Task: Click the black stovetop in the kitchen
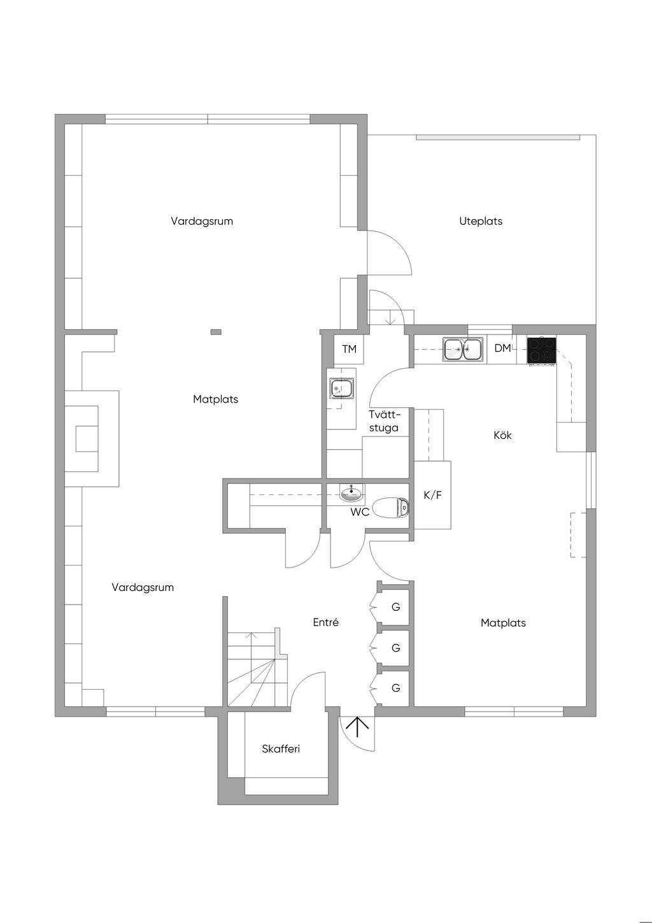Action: click(x=542, y=350)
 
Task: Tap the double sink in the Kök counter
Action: click(x=463, y=349)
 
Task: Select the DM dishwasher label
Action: click(x=502, y=348)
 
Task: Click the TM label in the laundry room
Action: click(x=350, y=349)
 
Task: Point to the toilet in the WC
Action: click(x=390, y=507)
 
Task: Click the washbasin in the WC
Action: click(x=351, y=493)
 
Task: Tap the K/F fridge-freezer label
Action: click(x=432, y=495)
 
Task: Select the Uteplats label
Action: click(x=481, y=221)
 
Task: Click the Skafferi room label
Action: click(x=281, y=748)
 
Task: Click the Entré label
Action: click(x=326, y=622)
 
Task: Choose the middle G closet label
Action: click(x=396, y=648)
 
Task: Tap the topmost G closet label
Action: click(x=396, y=607)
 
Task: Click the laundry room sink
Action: click(x=341, y=389)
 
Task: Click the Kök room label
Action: click(x=502, y=435)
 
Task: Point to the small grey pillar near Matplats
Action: click(x=216, y=332)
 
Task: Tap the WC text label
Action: click(x=360, y=513)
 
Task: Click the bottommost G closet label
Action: click(x=396, y=688)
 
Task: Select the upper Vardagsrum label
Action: click(x=202, y=221)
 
